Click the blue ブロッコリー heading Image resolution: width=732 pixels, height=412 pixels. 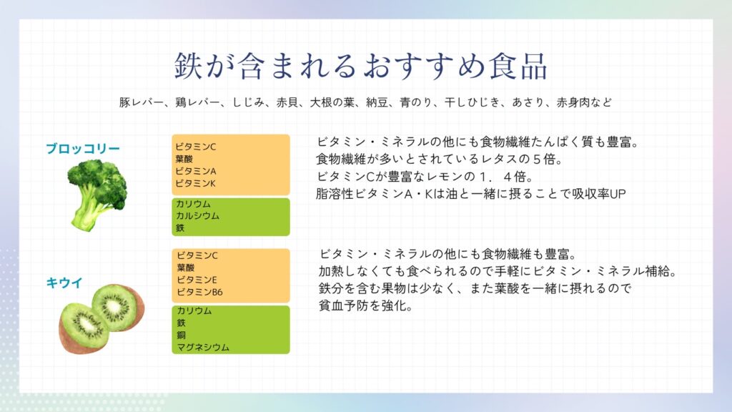[83, 149]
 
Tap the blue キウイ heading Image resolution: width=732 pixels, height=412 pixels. [64, 283]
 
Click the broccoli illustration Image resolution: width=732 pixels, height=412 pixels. [97, 195]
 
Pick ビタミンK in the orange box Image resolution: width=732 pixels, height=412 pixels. [196, 183]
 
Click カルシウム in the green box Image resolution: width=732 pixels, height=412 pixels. [197, 216]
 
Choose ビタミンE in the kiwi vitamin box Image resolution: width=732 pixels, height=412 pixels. [197, 280]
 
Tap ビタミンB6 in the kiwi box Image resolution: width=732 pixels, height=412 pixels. [200, 292]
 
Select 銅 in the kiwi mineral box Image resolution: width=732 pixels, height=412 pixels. [181, 335]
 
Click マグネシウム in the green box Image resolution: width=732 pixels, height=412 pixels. [203, 347]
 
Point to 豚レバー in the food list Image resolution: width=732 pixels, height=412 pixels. [142, 102]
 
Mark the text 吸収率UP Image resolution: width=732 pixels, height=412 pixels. [599, 193]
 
